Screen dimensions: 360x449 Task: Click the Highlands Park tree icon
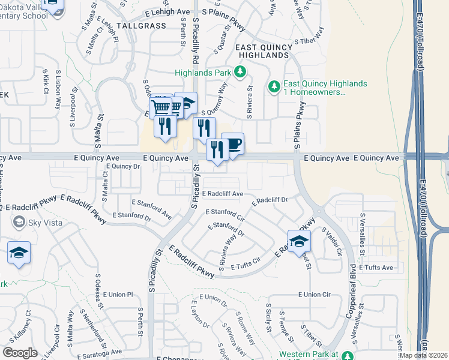(240, 73)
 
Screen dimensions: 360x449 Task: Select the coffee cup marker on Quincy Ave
(234, 144)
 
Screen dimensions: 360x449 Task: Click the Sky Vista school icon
(19, 223)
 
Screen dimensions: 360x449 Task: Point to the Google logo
(20, 353)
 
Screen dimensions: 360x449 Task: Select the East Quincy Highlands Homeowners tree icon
(274, 87)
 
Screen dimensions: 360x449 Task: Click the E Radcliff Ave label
(223, 194)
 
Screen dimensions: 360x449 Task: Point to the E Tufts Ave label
(376, 268)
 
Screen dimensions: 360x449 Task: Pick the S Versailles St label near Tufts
(363, 227)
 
